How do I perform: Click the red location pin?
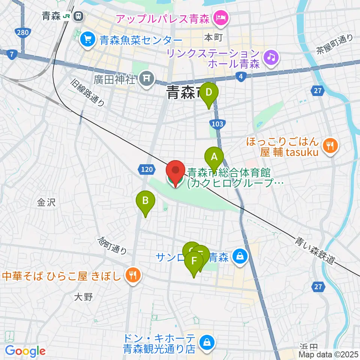pos(175,172)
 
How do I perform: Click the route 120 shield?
pos(147,170)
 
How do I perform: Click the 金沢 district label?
pos(46,203)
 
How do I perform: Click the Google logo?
pos(25,351)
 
